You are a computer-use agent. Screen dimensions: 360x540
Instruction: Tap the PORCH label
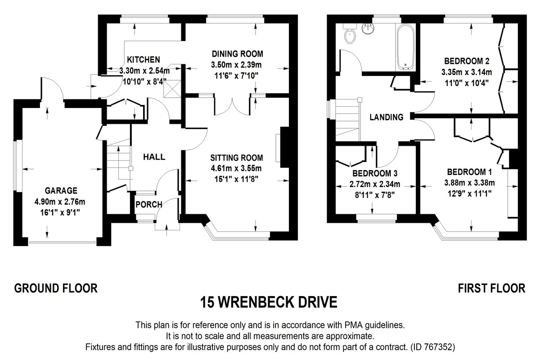(x=148, y=205)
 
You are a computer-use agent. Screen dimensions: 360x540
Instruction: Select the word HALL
(x=154, y=157)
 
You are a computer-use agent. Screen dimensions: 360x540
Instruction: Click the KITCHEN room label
(x=143, y=59)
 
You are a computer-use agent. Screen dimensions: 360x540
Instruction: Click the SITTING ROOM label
(x=236, y=157)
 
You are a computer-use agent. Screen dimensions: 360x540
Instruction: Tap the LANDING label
(x=386, y=117)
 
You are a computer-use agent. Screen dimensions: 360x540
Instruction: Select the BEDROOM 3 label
(x=374, y=173)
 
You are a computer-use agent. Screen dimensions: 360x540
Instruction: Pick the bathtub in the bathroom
(x=406, y=47)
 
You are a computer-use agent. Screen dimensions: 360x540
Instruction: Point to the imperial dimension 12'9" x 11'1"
(x=469, y=193)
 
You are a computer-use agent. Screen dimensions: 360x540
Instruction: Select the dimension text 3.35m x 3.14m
(x=468, y=72)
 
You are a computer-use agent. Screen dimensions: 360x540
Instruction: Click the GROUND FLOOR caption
(x=56, y=288)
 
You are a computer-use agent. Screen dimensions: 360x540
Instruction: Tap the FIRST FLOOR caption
(x=491, y=288)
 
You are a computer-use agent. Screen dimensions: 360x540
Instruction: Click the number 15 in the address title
(x=207, y=301)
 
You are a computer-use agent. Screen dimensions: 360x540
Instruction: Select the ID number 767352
(x=440, y=347)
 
